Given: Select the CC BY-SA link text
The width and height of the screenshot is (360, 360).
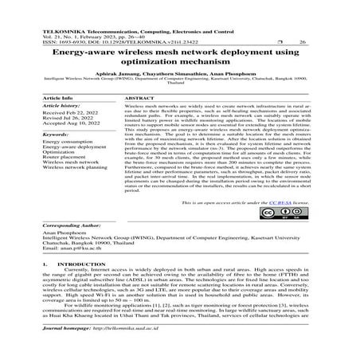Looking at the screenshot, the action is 285,204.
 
